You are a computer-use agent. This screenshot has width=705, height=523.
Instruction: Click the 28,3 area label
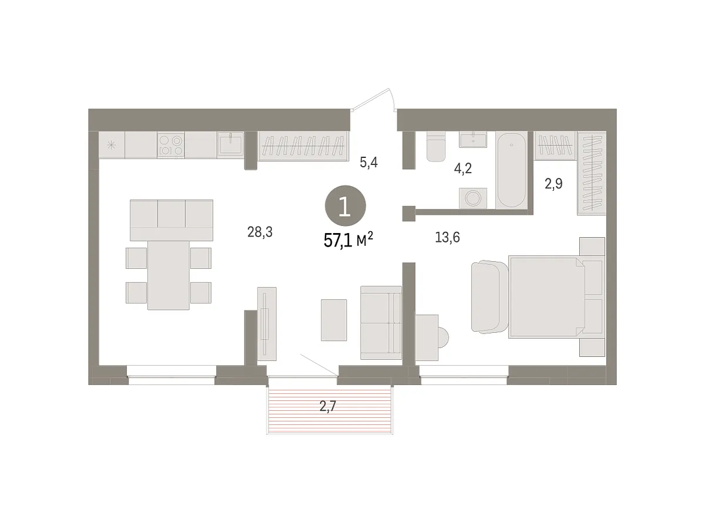260,232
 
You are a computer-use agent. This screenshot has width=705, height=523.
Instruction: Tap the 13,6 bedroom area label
447,237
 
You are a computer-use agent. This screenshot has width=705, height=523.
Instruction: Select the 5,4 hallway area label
369,162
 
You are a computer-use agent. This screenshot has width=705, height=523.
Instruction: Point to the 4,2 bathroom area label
463,168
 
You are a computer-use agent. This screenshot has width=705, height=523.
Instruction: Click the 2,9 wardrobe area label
553,184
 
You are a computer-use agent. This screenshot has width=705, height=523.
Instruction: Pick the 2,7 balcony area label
328,406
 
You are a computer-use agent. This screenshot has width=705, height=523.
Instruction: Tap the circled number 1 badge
345,206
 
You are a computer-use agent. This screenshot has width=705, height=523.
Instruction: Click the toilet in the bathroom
435,146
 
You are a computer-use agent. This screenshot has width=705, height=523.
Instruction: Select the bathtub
511,170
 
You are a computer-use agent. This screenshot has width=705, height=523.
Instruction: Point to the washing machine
473,198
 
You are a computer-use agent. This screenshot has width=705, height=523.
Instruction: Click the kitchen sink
230,145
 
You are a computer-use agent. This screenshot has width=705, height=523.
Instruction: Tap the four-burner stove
171,145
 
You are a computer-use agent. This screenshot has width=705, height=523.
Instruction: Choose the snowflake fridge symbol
111,145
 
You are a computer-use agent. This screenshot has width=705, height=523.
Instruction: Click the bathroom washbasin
473,140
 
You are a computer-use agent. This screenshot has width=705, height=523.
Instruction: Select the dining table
169,275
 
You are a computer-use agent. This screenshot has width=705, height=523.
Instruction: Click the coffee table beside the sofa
334,320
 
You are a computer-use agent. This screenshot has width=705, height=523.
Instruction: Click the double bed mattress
546,297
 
